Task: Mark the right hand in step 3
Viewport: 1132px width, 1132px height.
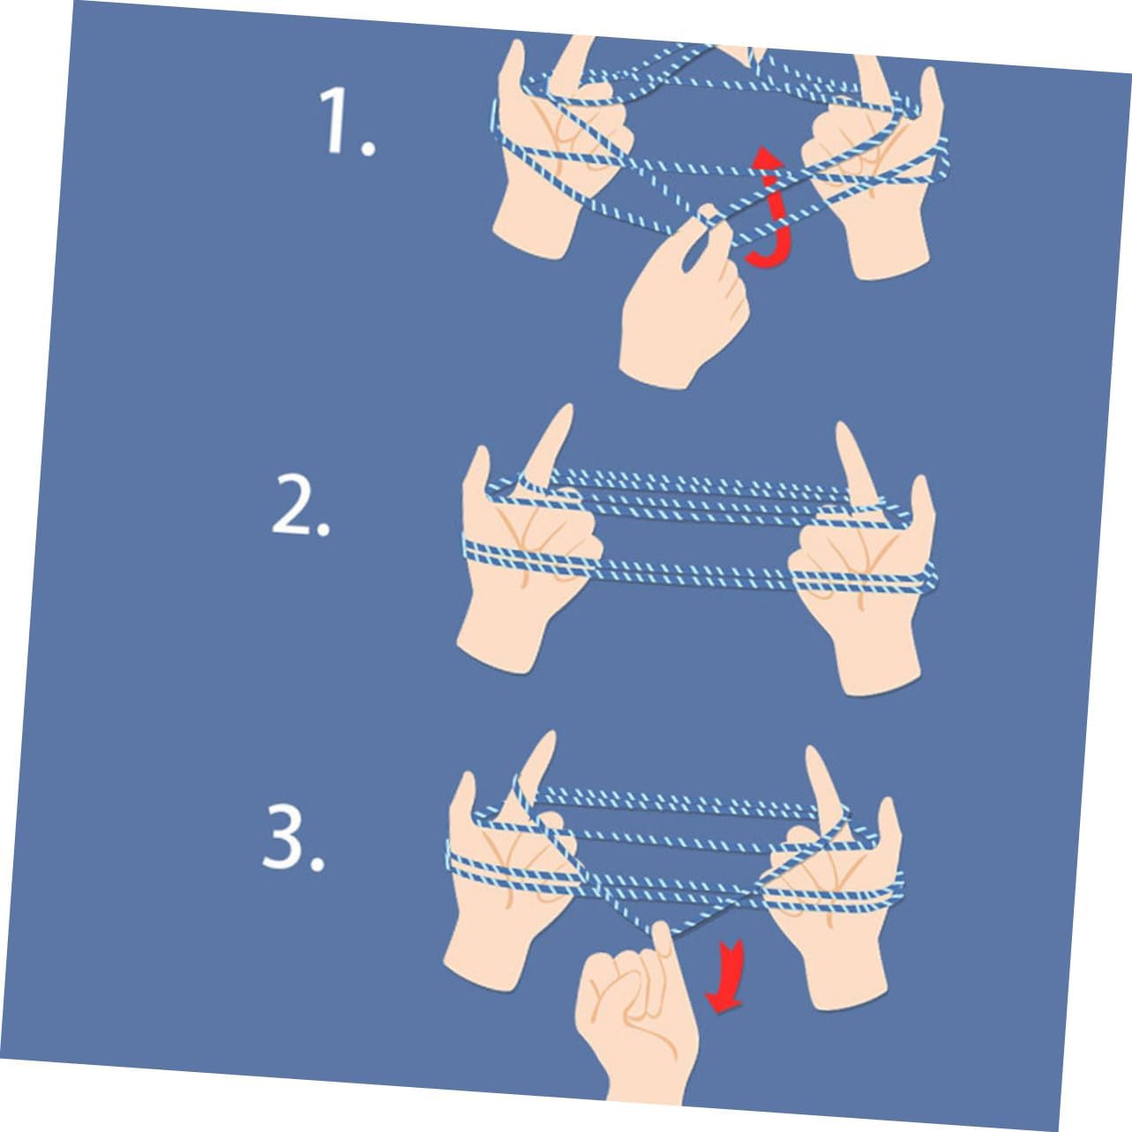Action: click(834, 893)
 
